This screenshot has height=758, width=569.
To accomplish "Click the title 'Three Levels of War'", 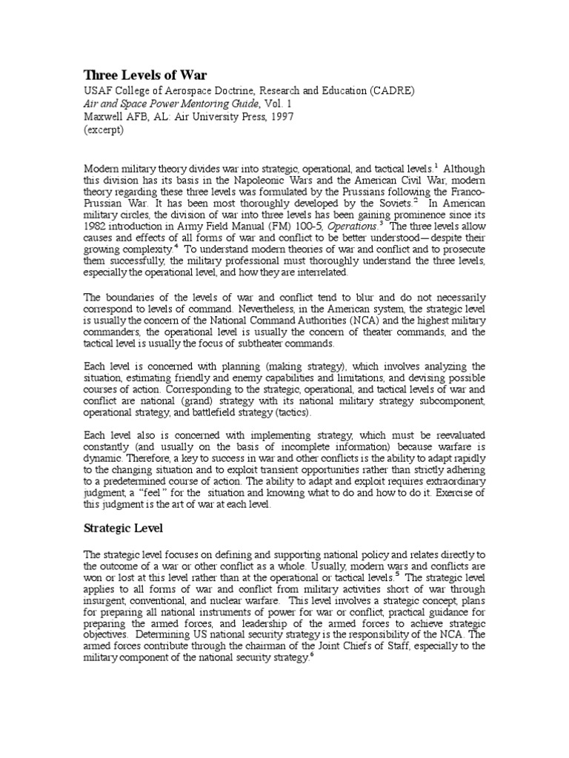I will [x=145, y=75].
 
